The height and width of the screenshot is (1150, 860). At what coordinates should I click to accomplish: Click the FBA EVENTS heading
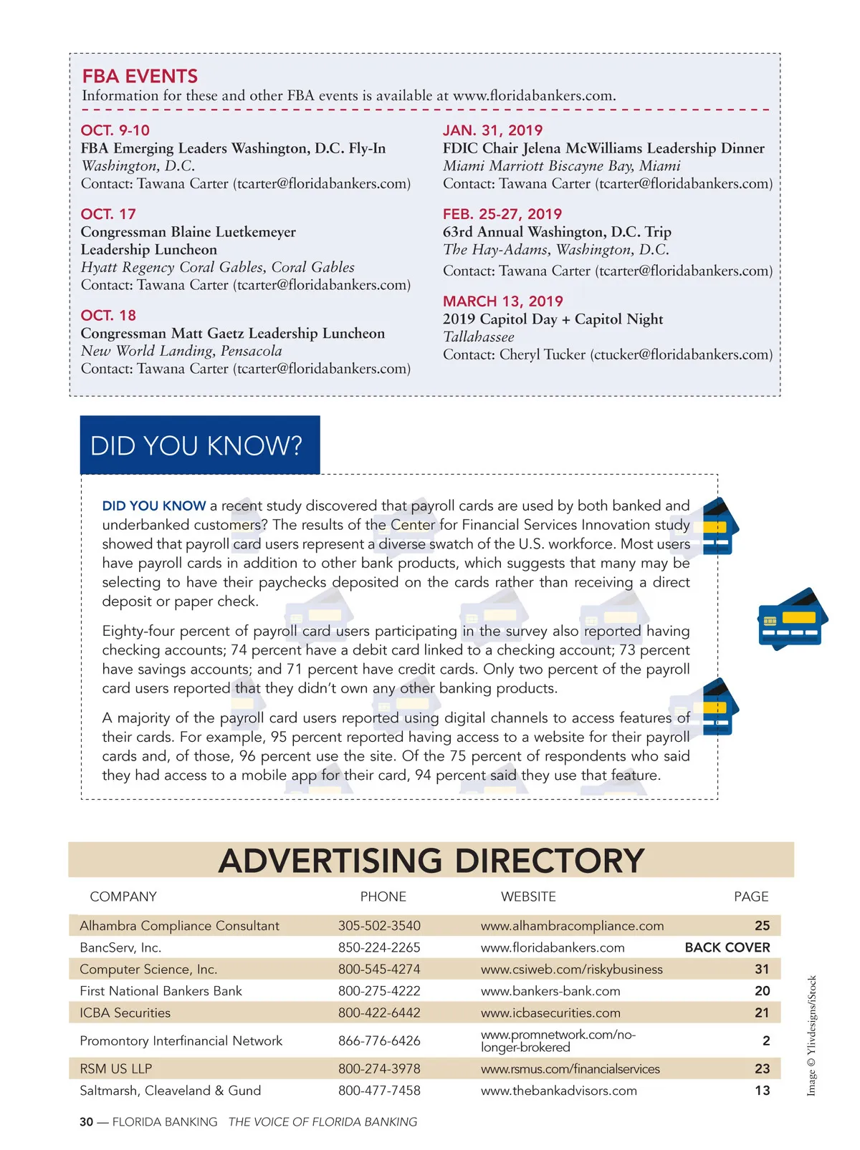point(140,76)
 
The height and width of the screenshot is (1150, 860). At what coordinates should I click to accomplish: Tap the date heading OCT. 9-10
point(115,130)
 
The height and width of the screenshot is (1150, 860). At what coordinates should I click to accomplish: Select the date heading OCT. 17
point(108,214)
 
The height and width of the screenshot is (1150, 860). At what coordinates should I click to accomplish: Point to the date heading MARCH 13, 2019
point(502,301)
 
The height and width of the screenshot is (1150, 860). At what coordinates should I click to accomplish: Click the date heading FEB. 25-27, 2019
point(502,214)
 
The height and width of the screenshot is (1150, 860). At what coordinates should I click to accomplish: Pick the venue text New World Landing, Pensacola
point(181,351)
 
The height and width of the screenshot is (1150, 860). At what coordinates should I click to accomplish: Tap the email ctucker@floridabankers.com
point(681,354)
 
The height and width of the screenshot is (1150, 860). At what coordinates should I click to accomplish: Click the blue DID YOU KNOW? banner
point(199,445)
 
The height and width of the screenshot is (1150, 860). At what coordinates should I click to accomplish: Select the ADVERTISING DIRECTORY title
point(431,860)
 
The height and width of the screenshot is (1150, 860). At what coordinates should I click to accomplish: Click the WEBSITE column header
point(528,897)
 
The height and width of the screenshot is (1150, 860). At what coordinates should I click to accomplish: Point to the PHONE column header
point(383,897)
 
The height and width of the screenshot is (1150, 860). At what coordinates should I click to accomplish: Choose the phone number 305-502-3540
point(379,926)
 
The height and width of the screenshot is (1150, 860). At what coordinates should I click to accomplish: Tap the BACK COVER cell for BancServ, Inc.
point(727,947)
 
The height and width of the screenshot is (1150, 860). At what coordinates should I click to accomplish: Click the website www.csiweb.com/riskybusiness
point(571,970)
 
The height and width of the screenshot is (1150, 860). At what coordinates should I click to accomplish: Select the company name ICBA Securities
point(125,1013)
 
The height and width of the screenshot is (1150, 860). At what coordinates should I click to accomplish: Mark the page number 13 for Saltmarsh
point(762,1091)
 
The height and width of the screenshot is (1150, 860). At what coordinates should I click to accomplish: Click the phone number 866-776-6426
point(379,1040)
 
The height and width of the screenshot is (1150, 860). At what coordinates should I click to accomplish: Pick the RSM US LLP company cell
point(116,1069)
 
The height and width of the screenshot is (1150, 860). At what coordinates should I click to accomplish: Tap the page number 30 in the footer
point(86,1122)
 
